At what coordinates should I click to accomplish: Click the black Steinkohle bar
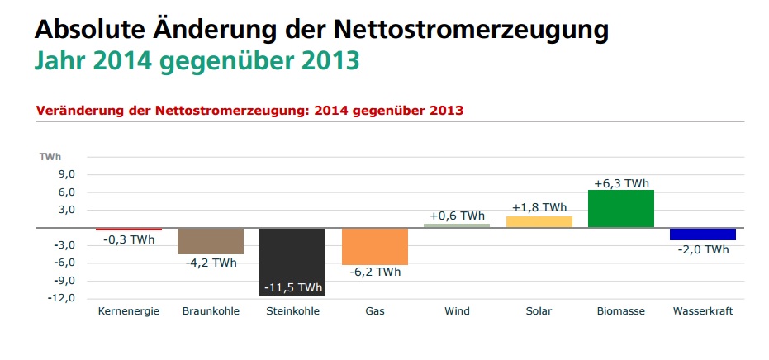[292, 252]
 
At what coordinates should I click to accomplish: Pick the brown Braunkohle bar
[210, 240]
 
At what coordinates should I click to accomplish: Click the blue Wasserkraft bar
[702, 234]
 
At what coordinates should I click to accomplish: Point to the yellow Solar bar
[539, 221]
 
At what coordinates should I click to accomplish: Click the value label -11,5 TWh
[293, 287]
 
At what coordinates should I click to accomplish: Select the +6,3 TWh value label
[621, 183]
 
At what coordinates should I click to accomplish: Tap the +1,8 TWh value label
[539, 207]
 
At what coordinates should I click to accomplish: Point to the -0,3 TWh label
[129, 240]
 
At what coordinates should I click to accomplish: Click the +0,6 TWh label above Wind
[457, 216]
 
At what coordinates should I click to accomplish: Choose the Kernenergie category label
[128, 311]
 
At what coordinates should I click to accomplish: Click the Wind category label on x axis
[457, 311]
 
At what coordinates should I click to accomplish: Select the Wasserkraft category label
[703, 311]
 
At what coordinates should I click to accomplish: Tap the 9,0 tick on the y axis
[66, 174]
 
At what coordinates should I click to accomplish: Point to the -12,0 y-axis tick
[64, 298]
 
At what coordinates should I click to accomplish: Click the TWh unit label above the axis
[50, 156]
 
